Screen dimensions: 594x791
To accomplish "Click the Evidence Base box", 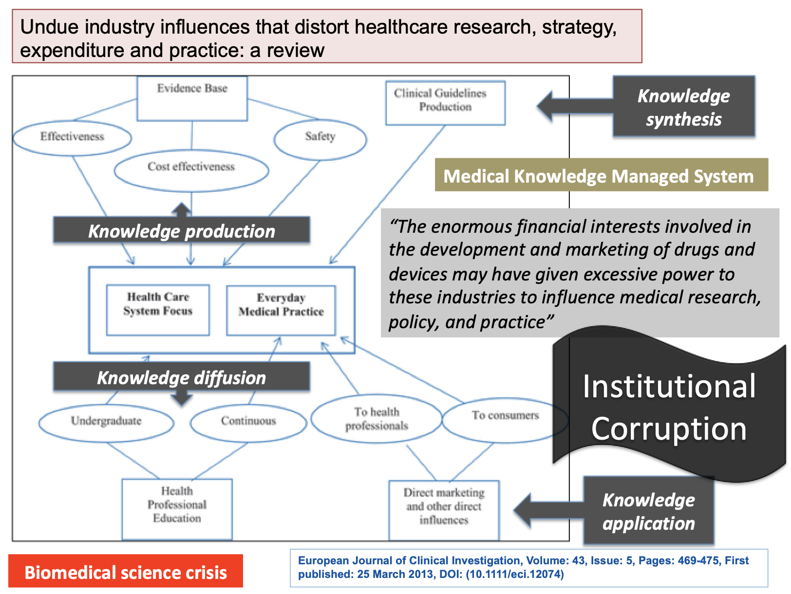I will click(x=192, y=98).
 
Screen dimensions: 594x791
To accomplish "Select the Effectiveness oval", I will click(x=72, y=137).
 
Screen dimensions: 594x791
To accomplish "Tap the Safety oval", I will click(x=320, y=137).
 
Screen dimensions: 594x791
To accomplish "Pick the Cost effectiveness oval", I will click(x=191, y=167).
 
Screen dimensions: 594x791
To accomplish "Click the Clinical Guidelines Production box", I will click(x=445, y=103).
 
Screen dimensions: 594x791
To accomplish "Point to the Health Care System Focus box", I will click(x=158, y=310).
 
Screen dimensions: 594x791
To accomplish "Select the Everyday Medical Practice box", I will click(x=281, y=310).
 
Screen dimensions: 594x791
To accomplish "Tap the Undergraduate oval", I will click(x=106, y=421).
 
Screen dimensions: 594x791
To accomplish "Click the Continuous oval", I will click(x=248, y=421).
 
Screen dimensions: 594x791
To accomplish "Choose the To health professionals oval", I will click(x=377, y=419).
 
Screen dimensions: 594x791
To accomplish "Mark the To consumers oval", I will click(x=505, y=416).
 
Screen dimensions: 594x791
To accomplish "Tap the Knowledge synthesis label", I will click(x=683, y=107).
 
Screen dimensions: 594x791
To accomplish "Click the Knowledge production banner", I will click(x=181, y=230).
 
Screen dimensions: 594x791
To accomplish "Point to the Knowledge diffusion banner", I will click(x=181, y=377).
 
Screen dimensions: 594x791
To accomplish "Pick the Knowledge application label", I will click(x=648, y=511).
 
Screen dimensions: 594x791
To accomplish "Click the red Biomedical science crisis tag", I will click(x=126, y=572).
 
